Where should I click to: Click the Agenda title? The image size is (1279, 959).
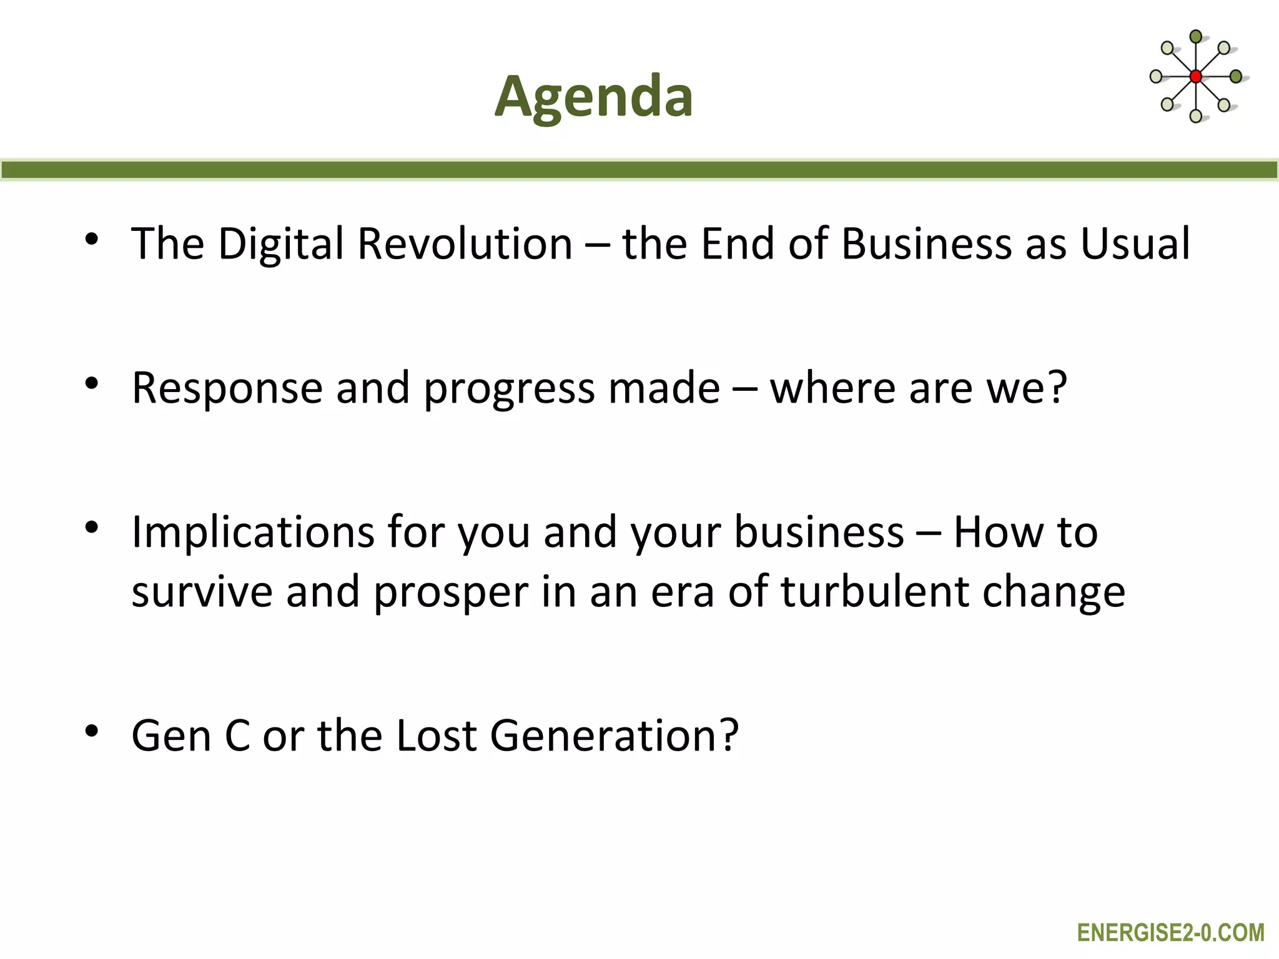[x=593, y=97]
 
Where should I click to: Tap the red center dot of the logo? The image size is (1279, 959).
[x=1195, y=77]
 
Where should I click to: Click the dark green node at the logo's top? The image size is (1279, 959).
[x=1195, y=37]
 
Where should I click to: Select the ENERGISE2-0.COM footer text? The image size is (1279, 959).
[x=1170, y=933]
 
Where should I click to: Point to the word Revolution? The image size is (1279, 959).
[x=465, y=243]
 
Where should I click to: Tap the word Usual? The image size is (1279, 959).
[x=1135, y=243]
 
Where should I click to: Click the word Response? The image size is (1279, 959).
[x=227, y=388]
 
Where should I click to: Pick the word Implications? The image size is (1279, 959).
[x=253, y=533]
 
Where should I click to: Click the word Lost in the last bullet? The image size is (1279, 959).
[x=436, y=735]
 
